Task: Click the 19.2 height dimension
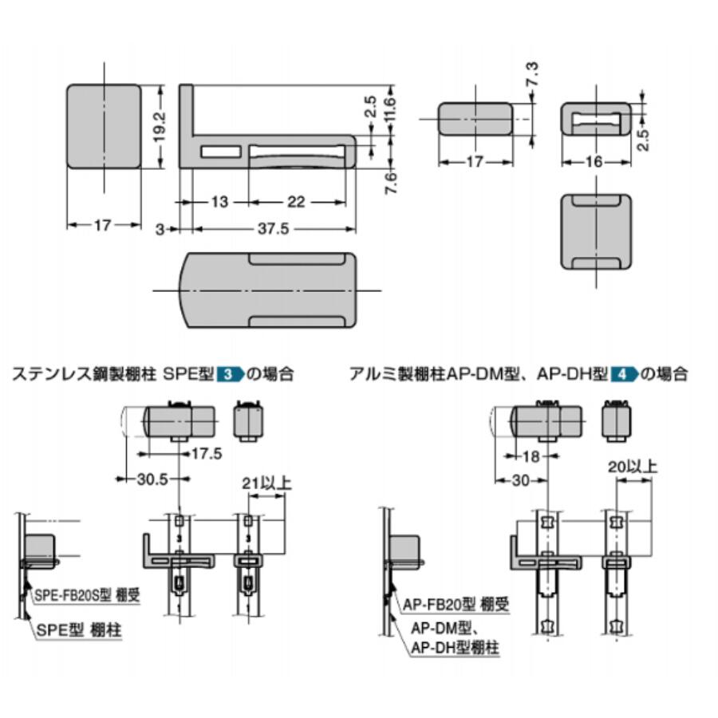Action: [159, 126]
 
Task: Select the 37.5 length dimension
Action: [274, 229]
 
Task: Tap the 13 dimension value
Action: [218, 202]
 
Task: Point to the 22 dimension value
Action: [296, 202]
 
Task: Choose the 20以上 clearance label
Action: [632, 466]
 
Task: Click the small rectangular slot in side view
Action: [221, 151]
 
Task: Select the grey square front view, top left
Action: [103, 127]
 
